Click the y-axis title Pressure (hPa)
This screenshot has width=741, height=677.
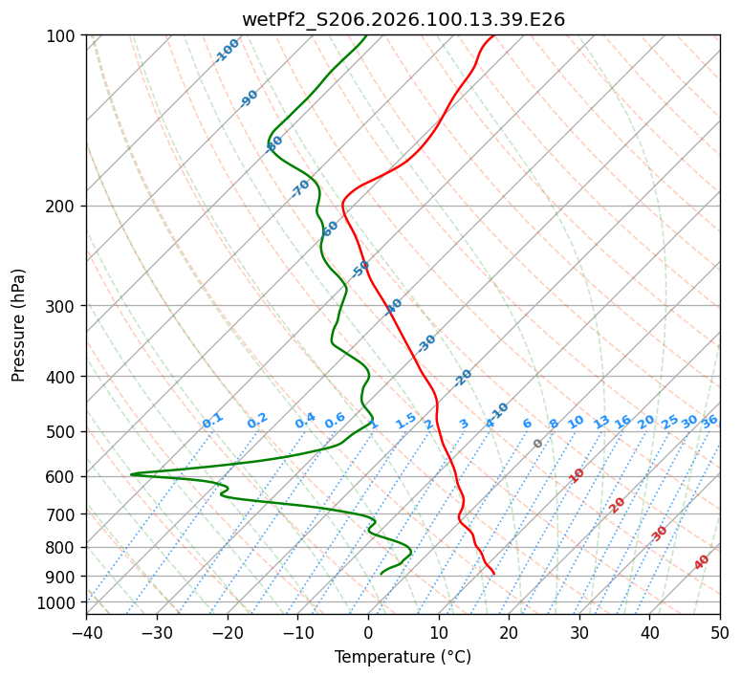19,324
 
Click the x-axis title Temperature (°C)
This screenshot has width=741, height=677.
403,657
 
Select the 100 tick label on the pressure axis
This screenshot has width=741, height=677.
64,35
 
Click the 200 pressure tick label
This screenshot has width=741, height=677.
64,206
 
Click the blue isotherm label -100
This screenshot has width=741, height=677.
228,50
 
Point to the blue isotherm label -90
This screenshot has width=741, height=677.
249,98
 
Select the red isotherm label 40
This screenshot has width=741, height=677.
702,562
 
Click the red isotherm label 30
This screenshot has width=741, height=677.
660,534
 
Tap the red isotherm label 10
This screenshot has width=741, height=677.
577,475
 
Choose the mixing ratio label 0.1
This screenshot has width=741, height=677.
212,421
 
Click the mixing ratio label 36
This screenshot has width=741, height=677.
709,421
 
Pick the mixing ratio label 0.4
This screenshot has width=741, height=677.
305,421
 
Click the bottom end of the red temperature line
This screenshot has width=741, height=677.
493,573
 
